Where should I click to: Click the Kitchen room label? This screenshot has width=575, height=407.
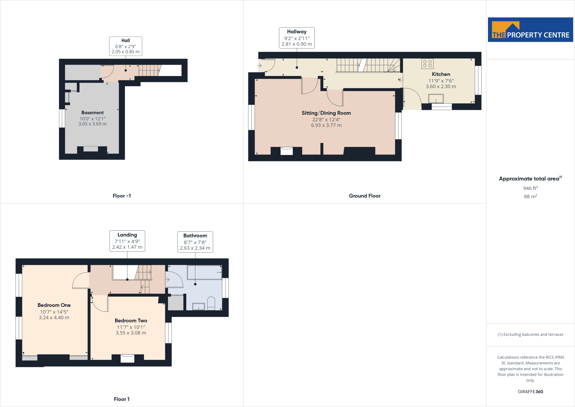441,74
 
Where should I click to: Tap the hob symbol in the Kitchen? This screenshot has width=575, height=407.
427,64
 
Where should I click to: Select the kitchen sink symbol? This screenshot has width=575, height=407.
436,99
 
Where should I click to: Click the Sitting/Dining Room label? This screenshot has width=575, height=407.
326,113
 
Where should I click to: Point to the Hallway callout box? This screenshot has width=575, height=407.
297,38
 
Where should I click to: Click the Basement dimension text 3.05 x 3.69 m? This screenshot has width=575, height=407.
92,124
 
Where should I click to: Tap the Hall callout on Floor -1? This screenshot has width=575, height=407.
126,46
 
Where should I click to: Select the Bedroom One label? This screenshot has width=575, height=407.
54,305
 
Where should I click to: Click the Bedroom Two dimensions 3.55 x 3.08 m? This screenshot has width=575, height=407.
131,333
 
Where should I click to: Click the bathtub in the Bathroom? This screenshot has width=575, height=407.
204,272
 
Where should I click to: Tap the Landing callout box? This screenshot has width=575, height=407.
127,241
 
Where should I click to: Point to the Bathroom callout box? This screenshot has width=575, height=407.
195,242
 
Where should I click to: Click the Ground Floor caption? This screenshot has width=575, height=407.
365,196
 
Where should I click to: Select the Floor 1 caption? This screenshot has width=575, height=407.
122,399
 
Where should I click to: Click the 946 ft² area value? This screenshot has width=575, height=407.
530,188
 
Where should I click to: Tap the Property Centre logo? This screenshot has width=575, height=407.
530,30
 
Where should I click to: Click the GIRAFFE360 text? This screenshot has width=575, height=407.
530,392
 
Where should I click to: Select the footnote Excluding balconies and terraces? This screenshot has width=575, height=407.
530,334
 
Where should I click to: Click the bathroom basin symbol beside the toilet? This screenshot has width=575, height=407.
198,306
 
